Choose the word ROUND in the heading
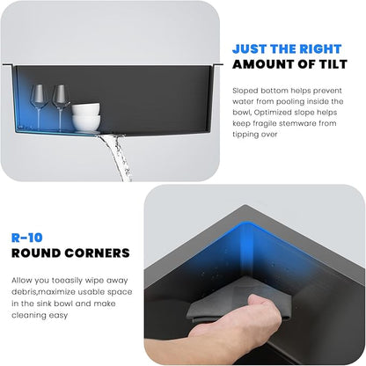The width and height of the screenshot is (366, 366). pyautogui.click(x=39, y=253)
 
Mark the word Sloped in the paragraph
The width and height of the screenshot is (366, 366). pyautogui.click(x=245, y=90)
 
